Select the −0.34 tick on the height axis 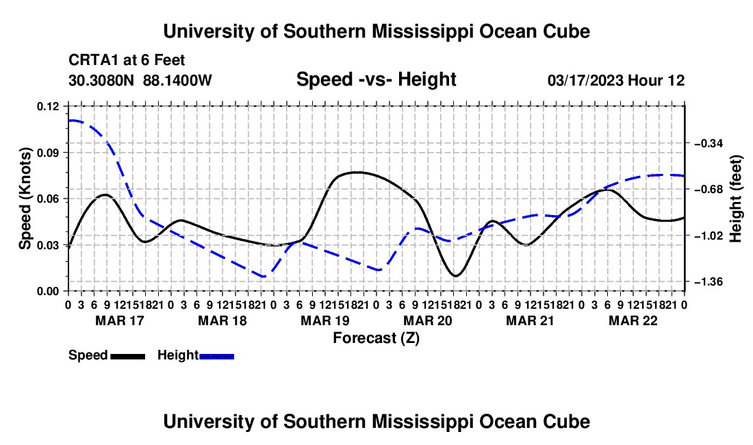coord(708,143)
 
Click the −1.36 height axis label coord(708,281)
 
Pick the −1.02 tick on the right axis coord(708,236)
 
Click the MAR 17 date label coord(120,320)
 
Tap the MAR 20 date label coord(427,320)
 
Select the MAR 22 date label coord(633,320)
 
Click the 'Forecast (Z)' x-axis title coord(376,338)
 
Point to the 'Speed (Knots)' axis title coord(25,199)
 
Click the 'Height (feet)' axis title coord(736,199)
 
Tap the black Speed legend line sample coord(128,356)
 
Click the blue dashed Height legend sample coord(216,356)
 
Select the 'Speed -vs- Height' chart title coord(376,79)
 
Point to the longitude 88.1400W coord(177,80)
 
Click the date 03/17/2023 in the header coord(585,80)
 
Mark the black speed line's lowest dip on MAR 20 coord(455,275)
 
